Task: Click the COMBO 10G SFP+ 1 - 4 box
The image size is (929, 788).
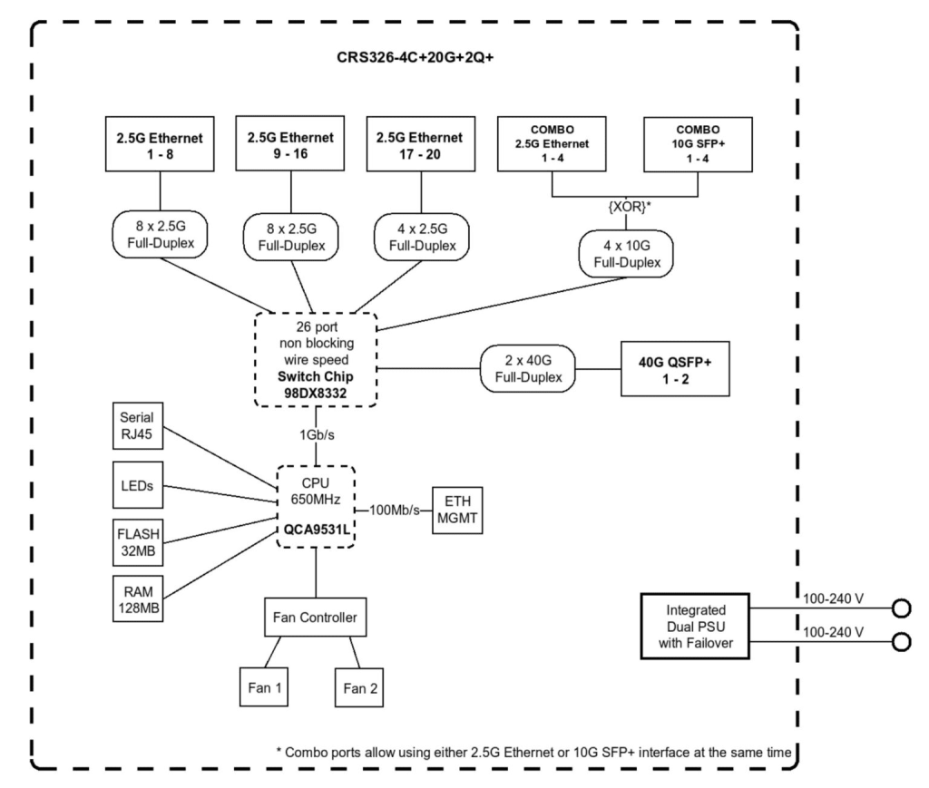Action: click(x=698, y=143)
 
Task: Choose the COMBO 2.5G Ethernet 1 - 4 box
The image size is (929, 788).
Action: click(x=553, y=143)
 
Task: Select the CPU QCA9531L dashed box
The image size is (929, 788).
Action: click(x=316, y=507)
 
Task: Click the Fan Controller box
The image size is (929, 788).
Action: click(x=315, y=619)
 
